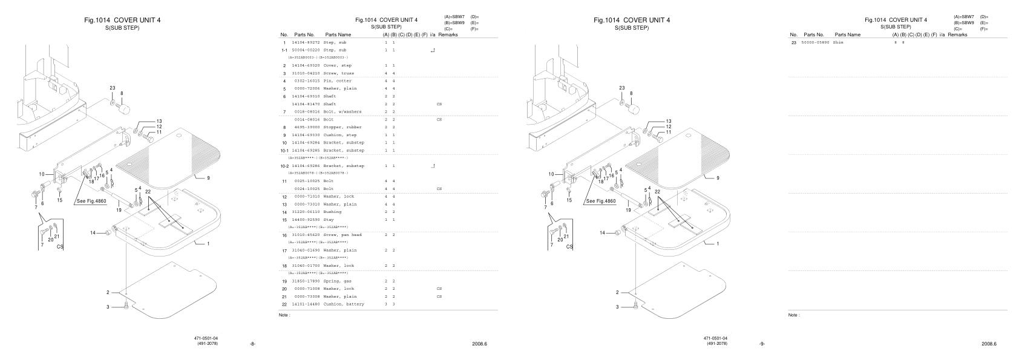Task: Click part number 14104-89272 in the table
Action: [306, 43]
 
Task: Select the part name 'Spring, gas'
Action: [336, 281]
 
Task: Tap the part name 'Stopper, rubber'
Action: [341, 127]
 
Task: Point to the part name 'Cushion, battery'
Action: [343, 304]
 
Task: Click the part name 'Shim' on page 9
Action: [838, 43]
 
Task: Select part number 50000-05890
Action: [815, 43]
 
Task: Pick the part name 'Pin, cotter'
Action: [337, 80]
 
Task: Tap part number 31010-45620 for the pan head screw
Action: [306, 235]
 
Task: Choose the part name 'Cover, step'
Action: [337, 65]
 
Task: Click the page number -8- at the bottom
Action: [252, 344]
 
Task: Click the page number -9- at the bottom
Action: [762, 344]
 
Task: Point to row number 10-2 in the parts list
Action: [284, 166]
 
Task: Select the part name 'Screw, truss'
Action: [338, 73]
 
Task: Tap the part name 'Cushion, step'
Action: [339, 135]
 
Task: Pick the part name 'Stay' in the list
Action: [329, 220]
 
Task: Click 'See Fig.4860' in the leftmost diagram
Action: [92, 201]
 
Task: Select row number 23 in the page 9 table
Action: [793, 43]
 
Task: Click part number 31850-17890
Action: [306, 281]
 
